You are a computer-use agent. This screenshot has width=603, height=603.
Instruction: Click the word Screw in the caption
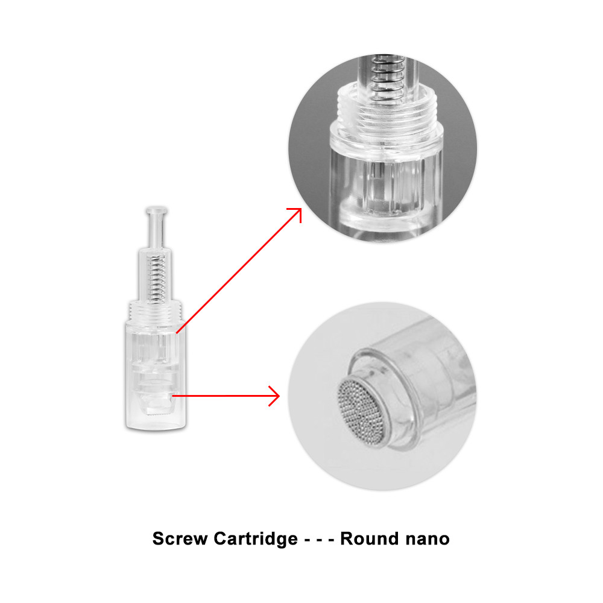[x=180, y=538]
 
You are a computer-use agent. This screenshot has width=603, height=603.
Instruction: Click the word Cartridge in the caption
[x=256, y=539]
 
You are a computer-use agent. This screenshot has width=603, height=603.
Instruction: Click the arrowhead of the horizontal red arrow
[x=274, y=396]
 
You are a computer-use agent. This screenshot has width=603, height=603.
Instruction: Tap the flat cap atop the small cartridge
[x=156, y=210]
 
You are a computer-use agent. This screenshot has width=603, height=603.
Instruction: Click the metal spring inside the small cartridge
[x=157, y=278]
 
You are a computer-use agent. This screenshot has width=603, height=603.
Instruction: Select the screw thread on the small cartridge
[x=156, y=311]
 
